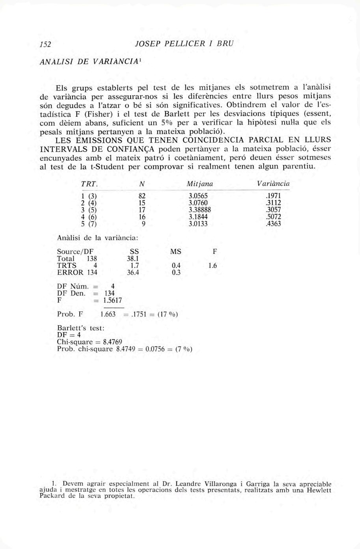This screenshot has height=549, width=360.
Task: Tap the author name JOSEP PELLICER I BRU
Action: click(184, 44)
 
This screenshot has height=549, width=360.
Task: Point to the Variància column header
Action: click(273, 184)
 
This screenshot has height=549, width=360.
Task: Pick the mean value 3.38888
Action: click(199, 210)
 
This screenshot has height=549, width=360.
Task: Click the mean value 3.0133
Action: click(198, 224)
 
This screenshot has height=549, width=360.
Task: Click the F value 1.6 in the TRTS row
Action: click(213, 266)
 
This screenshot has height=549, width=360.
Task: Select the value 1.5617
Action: click(112, 301)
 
